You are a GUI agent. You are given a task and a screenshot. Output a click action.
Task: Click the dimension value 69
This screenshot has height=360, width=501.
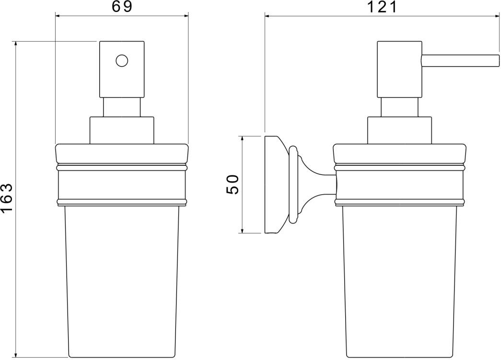click(x=122, y=6)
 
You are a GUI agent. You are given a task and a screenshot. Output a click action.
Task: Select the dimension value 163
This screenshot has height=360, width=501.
click(x=7, y=197)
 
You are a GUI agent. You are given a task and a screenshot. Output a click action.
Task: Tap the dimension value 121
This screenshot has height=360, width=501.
click(x=382, y=7)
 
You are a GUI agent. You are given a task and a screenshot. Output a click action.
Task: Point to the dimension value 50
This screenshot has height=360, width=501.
click(x=233, y=184)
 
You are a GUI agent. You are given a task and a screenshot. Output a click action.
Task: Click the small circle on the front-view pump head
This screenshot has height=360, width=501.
click(x=122, y=60)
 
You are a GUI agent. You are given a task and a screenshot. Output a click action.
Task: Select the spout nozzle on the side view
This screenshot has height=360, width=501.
click(x=460, y=61)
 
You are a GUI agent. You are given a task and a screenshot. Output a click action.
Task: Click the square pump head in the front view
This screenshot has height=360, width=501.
click(x=122, y=69)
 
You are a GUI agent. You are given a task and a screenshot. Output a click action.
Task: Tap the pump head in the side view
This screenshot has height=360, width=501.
click(x=399, y=69)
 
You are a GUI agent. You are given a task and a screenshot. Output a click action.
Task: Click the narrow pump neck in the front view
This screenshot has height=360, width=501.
click(x=122, y=107)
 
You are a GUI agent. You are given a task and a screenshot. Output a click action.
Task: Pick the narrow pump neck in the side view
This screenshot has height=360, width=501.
click(x=399, y=107)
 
